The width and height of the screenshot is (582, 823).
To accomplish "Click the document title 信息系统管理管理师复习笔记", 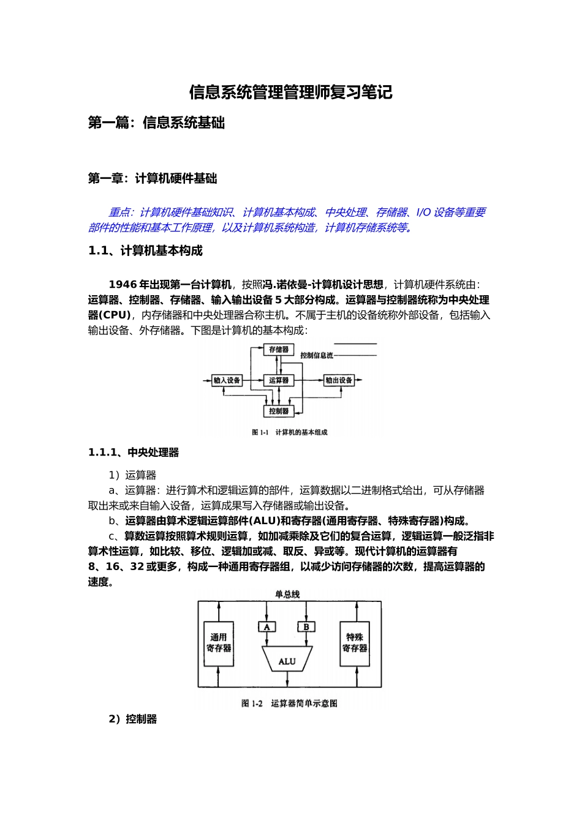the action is [x=290, y=92].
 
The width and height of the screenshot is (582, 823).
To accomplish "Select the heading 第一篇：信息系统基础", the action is [x=156, y=123].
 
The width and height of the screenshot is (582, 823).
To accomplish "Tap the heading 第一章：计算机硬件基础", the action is [x=153, y=179].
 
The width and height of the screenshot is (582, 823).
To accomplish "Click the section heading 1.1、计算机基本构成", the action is [x=145, y=250].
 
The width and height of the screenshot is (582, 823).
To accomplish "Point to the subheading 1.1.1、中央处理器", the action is [x=134, y=453].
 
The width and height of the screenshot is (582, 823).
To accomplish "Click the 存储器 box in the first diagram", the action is [x=279, y=350].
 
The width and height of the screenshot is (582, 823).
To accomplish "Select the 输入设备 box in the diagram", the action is [x=227, y=380].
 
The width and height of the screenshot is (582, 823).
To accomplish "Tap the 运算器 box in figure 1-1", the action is [x=279, y=380].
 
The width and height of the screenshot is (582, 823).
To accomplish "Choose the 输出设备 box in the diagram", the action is [x=339, y=380].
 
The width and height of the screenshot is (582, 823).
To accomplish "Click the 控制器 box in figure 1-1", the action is [x=279, y=411].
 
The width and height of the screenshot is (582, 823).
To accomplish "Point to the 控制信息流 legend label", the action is [x=317, y=356].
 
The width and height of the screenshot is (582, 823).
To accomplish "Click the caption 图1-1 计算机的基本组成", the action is [x=290, y=432].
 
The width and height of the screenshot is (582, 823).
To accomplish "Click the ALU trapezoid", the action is [x=287, y=661].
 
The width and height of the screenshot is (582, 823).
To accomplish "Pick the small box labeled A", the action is [x=267, y=627].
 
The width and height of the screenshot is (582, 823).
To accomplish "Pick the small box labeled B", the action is [x=306, y=627].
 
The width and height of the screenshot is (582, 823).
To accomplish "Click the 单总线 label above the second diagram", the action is [x=287, y=594].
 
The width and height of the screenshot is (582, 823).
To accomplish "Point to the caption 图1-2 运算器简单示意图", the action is [x=289, y=704].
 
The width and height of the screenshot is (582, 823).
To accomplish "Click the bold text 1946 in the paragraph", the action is [x=123, y=284].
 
